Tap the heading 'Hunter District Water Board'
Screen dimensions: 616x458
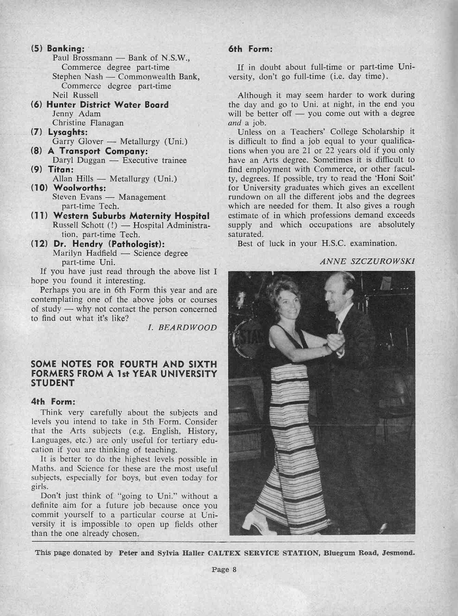[107, 104]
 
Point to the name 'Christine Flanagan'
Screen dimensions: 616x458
[88, 123]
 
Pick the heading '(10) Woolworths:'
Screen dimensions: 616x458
[68, 188]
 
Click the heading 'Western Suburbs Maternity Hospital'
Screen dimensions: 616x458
[131, 216]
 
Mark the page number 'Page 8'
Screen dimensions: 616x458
[224, 570]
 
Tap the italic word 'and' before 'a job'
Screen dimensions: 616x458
[235, 123]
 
